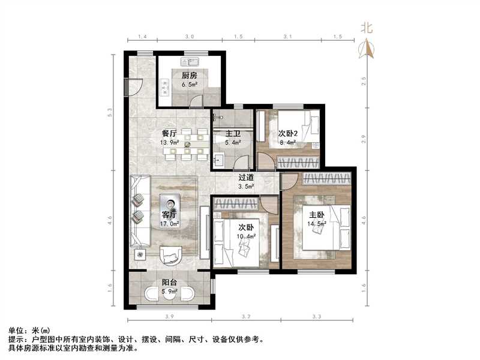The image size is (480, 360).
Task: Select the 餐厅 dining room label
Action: coord(169,133)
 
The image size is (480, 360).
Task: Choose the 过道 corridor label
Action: coord(246,177)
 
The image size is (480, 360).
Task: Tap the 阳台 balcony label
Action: coord(169,284)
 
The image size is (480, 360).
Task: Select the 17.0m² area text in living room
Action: coord(169,224)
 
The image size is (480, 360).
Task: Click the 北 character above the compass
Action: coord(367,26)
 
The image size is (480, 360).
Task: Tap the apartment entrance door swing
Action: coord(136,89)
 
